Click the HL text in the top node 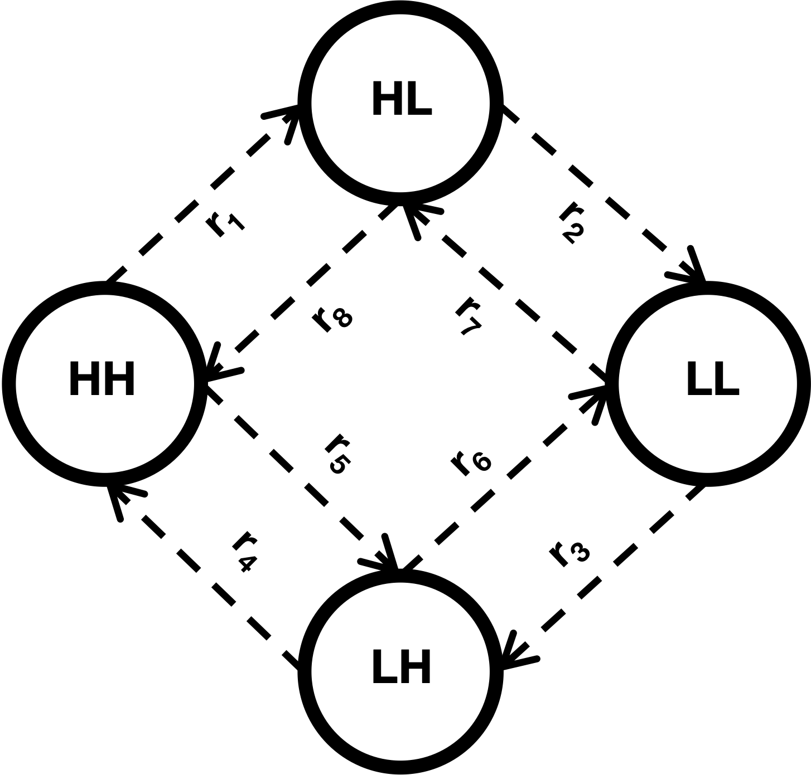402,98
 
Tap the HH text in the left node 102,379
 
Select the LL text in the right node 713,379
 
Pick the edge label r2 571,223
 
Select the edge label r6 471,464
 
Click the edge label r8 332,320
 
